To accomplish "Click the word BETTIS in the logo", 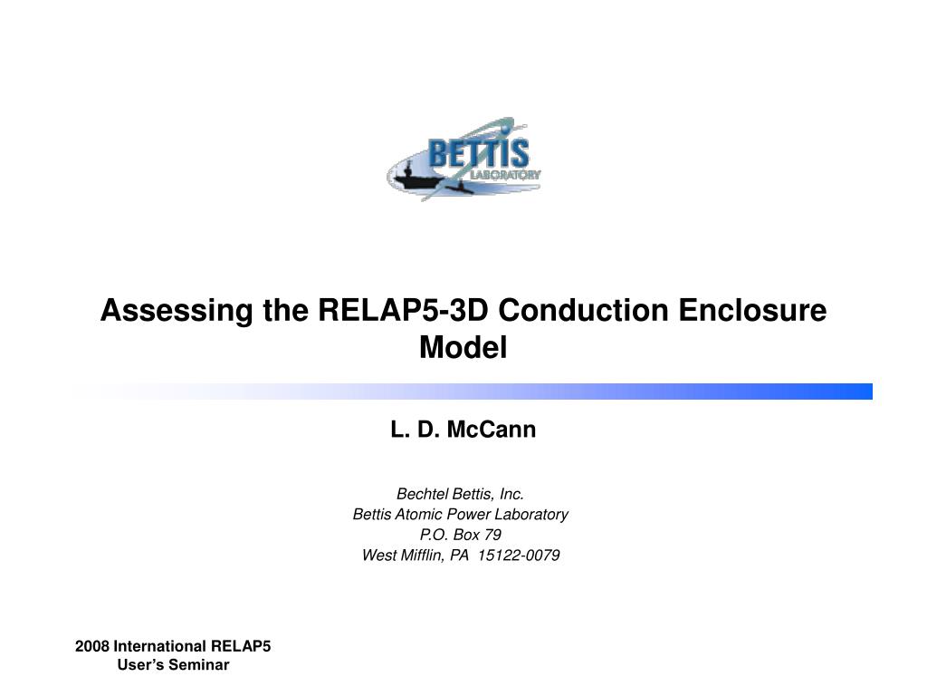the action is [478, 153].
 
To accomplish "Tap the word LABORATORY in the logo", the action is [505, 175].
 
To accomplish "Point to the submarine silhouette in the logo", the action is [459, 188].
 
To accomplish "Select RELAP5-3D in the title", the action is [403, 310].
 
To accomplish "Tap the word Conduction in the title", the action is [584, 310].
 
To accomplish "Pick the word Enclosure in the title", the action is [752, 310].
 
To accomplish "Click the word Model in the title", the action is [463, 347].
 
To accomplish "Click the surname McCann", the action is [492, 429].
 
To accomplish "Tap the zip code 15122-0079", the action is [519, 556].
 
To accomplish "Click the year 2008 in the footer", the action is [91, 646].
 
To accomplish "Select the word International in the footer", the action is [159, 646].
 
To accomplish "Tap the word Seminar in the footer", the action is [198, 664].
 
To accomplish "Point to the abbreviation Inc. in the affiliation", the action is [512, 494].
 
